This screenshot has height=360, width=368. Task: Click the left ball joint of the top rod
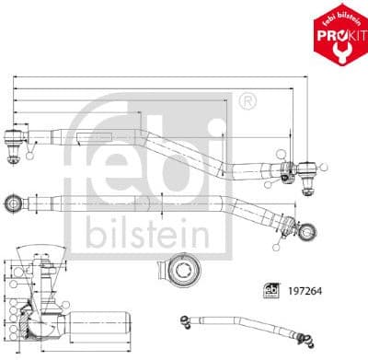16,140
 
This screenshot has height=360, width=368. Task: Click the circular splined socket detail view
185,272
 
